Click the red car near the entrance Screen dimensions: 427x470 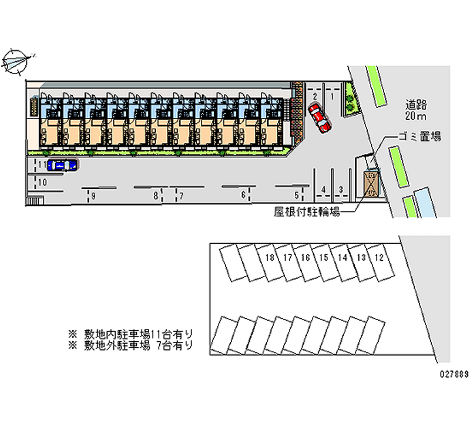[x=320, y=117]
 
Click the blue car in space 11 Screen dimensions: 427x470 [x=62, y=166]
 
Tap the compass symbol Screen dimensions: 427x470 [x=17, y=60]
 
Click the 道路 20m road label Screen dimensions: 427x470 [x=417, y=110]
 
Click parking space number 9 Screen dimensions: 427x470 [x=94, y=196]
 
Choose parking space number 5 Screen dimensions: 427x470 [x=297, y=195]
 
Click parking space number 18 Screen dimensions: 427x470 [x=270, y=257]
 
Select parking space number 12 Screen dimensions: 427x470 [x=379, y=257]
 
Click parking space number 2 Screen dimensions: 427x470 [x=315, y=96]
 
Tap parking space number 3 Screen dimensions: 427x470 [x=341, y=189]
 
